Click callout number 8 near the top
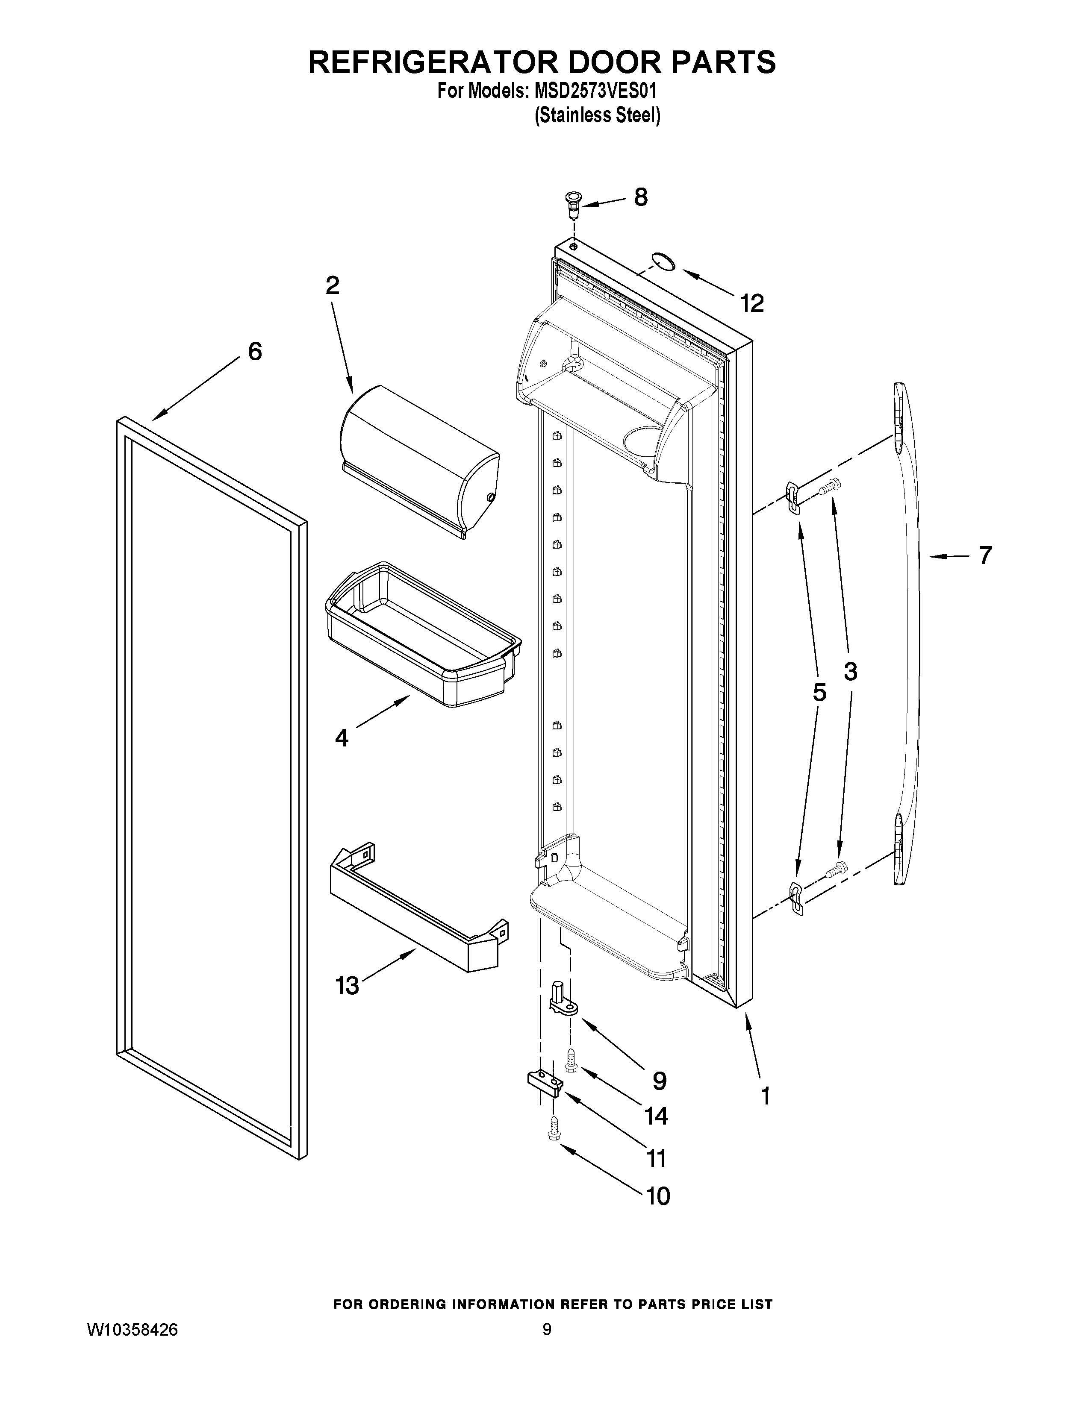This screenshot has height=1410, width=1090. point(641,197)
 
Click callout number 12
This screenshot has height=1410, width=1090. point(752,303)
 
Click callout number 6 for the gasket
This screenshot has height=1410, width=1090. point(255,352)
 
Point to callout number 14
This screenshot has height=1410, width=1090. point(656,1116)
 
